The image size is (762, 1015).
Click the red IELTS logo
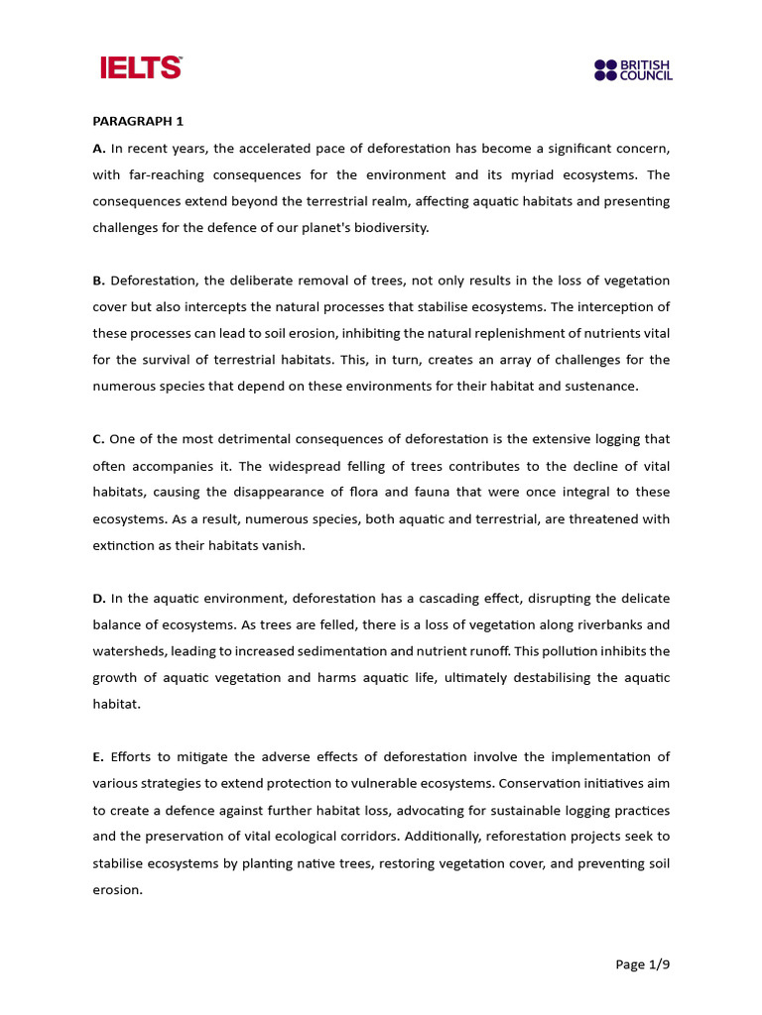[141, 67]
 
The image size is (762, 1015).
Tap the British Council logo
[633, 69]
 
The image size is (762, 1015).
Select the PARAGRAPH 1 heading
[139, 122]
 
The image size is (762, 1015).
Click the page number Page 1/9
[643, 963]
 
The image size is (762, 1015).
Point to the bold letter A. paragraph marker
[99, 149]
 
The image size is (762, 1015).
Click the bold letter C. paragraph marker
[99, 439]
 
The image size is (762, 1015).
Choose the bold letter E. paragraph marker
[98, 757]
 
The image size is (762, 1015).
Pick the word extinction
[126, 545]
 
